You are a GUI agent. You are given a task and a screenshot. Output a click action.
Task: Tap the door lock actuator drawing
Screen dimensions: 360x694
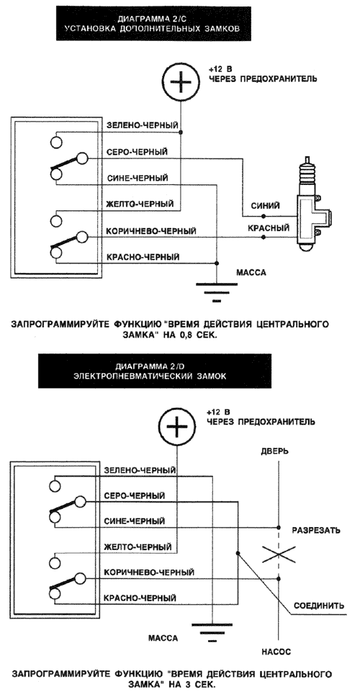312,207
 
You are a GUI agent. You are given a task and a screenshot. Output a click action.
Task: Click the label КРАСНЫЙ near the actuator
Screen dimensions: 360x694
268,228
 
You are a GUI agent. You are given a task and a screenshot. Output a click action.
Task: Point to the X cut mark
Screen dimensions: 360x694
279,554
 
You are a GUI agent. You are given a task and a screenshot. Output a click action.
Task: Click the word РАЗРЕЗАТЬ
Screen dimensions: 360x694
315,530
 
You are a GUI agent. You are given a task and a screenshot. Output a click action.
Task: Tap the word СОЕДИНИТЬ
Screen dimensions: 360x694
319,605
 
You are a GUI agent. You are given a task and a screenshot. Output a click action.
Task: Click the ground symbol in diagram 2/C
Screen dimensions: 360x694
216,292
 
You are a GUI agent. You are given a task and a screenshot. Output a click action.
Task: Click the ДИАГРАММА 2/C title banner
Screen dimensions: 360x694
153,24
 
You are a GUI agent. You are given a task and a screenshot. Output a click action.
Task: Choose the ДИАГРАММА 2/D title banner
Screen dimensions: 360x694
155,371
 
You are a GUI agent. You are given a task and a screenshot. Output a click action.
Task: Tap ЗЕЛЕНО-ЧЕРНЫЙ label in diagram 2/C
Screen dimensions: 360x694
142,126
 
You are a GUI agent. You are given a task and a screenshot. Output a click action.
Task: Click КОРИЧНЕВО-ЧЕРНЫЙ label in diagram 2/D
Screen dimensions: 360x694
149,572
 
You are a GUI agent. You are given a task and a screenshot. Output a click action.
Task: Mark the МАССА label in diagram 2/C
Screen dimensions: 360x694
251,273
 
